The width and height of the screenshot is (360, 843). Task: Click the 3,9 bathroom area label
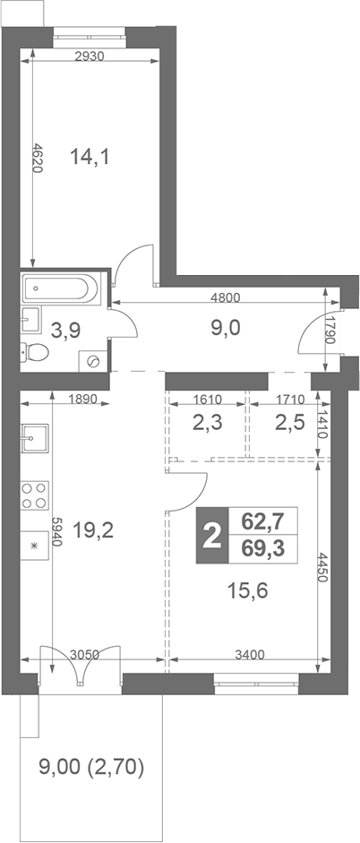(x=65, y=330)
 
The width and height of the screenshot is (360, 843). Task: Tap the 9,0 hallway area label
(x=225, y=327)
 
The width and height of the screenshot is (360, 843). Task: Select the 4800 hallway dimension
(x=225, y=297)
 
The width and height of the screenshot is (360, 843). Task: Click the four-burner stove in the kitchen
(x=35, y=495)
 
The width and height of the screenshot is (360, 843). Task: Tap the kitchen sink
(x=35, y=438)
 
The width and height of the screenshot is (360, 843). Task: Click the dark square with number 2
(x=211, y=536)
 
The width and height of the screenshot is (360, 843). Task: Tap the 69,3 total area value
(x=262, y=548)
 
